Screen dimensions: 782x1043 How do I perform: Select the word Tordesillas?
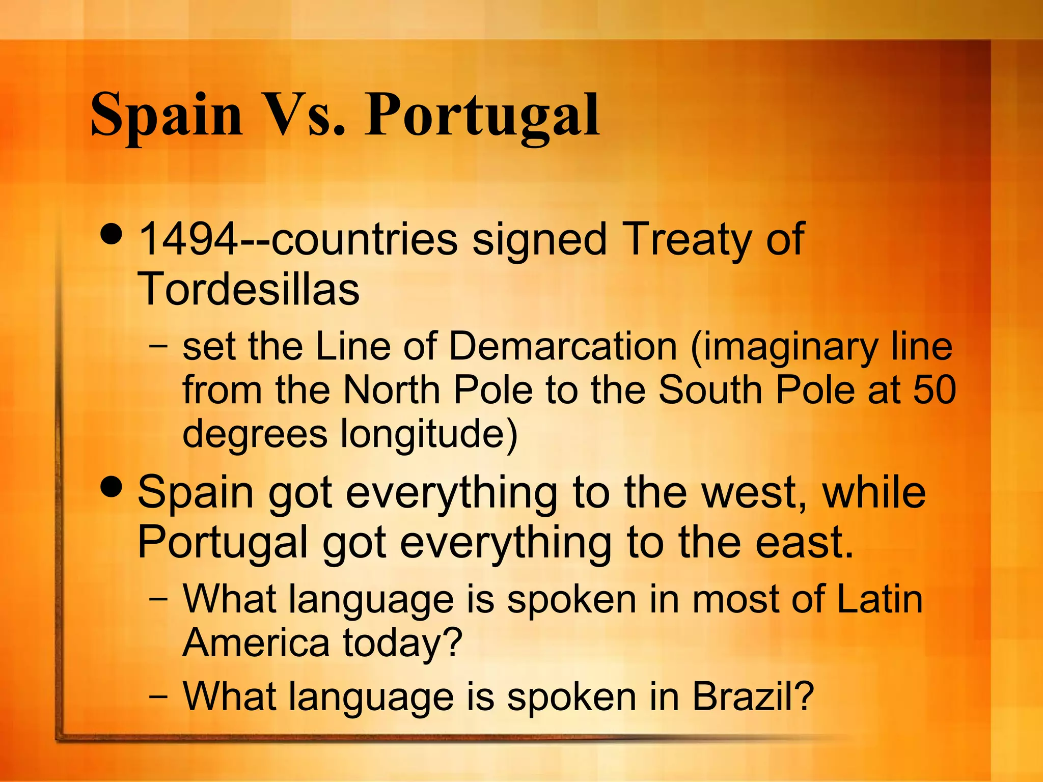[249, 289]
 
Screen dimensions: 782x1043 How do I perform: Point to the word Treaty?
[686, 239]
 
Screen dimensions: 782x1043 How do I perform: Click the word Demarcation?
[562, 346]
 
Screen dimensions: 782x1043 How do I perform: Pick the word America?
[256, 643]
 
